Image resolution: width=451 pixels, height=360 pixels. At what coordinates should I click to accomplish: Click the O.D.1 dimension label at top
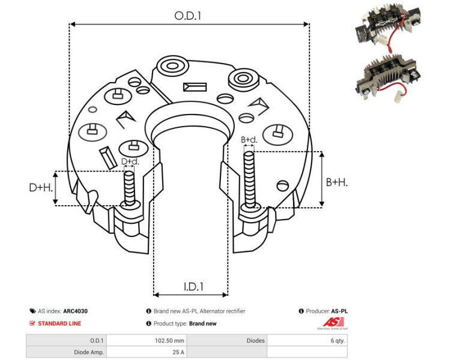click(x=188, y=16)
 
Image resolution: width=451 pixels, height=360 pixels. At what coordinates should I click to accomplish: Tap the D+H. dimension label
click(x=41, y=188)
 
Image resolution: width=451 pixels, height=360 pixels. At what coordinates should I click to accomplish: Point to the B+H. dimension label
click(x=336, y=181)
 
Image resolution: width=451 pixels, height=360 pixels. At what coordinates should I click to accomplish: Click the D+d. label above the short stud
click(x=130, y=161)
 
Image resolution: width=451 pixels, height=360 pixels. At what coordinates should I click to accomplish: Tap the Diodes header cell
click(x=256, y=341)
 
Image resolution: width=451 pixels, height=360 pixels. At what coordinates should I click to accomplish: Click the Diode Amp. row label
click(x=88, y=352)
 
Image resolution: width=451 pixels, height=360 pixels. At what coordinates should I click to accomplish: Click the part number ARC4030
click(x=79, y=311)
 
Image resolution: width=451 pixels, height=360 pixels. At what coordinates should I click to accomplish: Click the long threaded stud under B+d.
click(x=249, y=180)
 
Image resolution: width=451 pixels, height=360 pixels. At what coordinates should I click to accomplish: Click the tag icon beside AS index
click(x=32, y=311)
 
